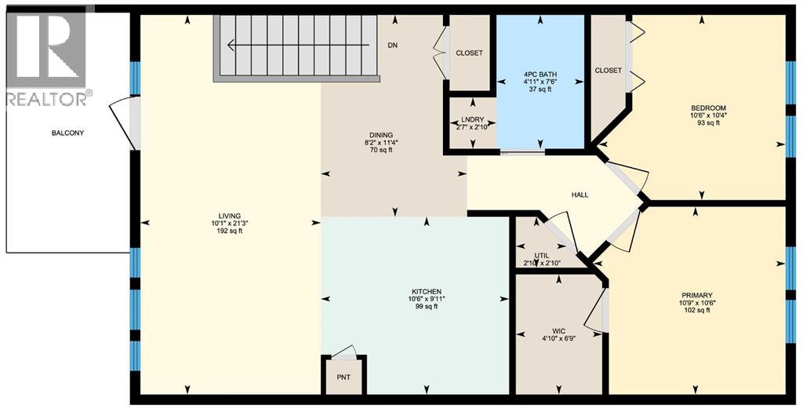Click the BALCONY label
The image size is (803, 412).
(x=67, y=133)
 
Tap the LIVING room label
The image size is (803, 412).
(x=230, y=216)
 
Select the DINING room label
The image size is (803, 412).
(x=381, y=135)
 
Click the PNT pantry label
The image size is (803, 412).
(x=344, y=376)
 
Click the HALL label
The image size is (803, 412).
(x=580, y=195)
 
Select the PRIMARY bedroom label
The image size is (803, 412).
(x=697, y=294)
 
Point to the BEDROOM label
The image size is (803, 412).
(x=708, y=108)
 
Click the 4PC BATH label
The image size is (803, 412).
(x=540, y=75)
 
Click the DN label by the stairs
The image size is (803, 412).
(x=393, y=45)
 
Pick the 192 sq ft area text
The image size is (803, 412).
(x=230, y=231)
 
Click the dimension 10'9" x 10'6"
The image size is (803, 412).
(x=697, y=302)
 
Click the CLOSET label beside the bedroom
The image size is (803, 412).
(x=609, y=71)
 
